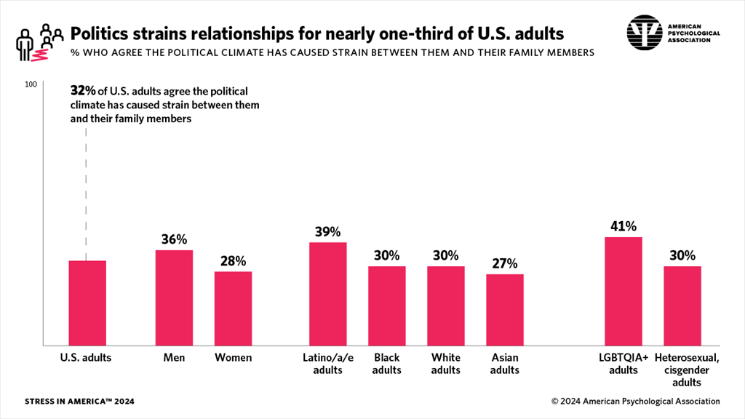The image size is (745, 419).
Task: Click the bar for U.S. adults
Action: pos(87,303)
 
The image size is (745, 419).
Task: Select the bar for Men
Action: pos(174,298)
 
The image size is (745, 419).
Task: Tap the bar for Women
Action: pos(233,308)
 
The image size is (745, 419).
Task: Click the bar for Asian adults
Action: pos(505,309)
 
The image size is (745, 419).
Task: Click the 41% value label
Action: pos(624,226)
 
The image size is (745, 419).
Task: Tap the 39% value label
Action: pos(328,231)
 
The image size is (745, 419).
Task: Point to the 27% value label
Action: pos(505,263)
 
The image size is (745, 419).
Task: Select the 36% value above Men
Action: pos(174,239)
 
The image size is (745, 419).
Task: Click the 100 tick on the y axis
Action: pos(31,84)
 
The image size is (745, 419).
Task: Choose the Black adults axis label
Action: pos(387,364)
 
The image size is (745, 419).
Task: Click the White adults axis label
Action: pos(446,364)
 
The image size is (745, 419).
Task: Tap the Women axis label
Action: pos(233,358)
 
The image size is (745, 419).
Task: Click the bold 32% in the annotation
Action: pos(82,91)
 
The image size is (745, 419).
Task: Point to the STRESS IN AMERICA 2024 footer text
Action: pos(79,402)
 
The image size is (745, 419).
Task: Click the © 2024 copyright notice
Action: pos(635,402)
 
